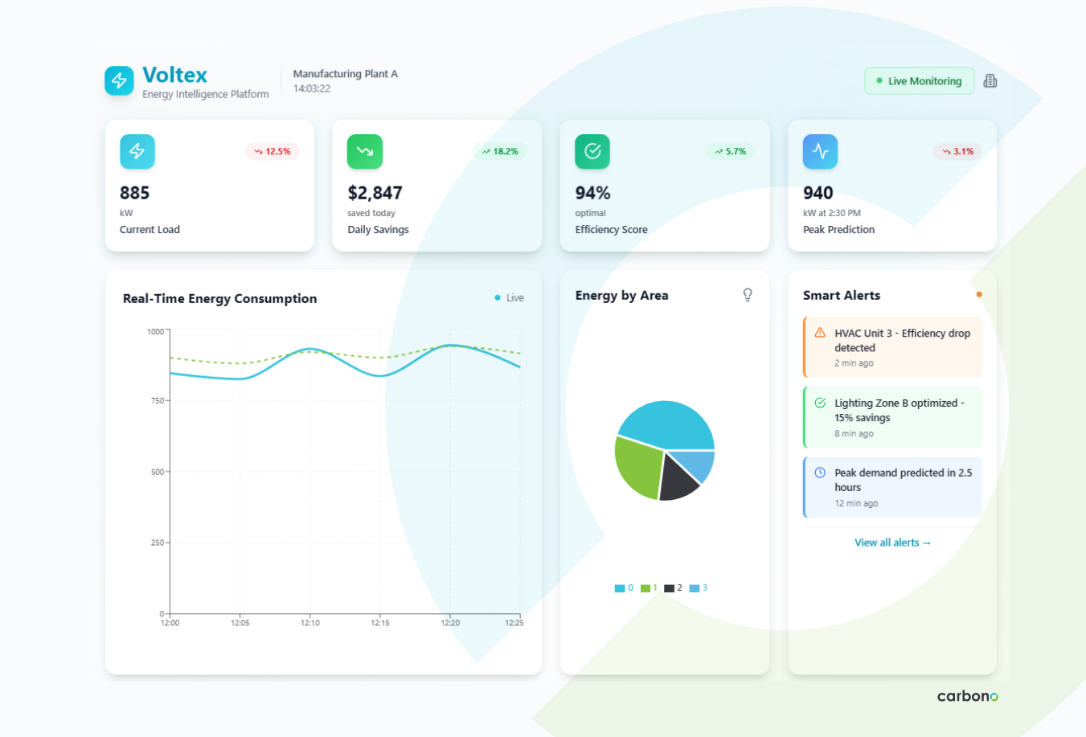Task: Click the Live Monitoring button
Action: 919,81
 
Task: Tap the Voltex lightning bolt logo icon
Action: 119,80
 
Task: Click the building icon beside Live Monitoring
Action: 990,81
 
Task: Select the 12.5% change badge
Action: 273,151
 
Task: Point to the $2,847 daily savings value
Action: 375,193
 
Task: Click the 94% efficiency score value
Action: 592,193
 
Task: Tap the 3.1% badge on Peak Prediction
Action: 957,151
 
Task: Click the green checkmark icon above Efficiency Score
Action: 592,151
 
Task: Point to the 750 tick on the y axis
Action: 157,400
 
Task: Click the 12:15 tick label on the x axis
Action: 380,623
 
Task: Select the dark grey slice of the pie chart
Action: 678,480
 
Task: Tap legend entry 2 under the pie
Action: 674,588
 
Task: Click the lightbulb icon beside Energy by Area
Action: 748,295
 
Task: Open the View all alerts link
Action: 892,543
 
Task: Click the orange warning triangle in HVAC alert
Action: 820,333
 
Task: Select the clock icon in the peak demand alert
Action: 820,473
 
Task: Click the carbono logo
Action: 967,696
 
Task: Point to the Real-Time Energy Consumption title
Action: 219,298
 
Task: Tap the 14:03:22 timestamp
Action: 312,88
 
